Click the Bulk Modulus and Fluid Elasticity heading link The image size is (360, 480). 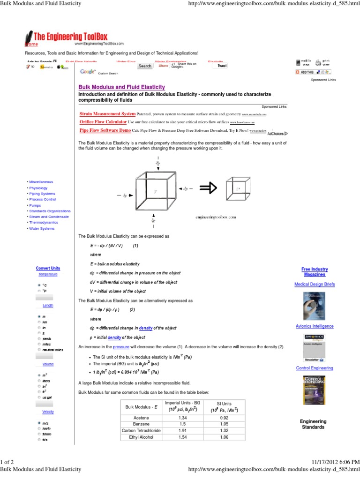[121, 87]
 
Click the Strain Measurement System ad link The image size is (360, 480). [107, 114]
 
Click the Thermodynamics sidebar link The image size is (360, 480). [44, 223]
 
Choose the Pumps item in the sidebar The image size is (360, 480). [35, 205]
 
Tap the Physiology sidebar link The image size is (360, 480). [38, 188]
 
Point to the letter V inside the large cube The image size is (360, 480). [155, 191]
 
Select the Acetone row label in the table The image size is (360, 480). [141, 418]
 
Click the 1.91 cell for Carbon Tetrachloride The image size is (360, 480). [183, 431]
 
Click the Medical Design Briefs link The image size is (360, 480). [315, 284]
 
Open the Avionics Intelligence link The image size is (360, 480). [315, 326]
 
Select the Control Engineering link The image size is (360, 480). [315, 368]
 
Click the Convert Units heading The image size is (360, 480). [48, 268]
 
